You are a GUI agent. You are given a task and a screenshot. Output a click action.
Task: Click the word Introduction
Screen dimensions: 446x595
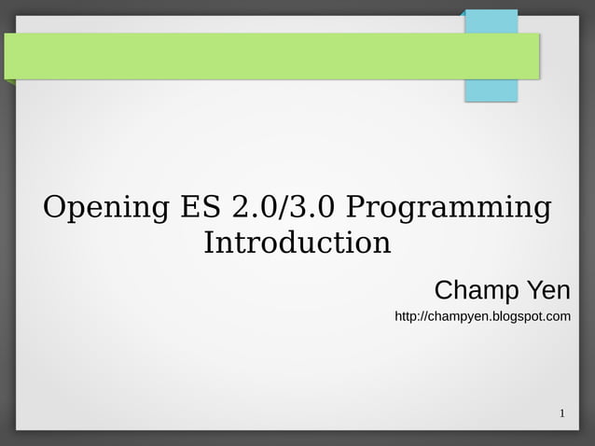click(297, 243)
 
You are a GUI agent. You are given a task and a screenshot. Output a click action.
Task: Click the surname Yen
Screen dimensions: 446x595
click(548, 290)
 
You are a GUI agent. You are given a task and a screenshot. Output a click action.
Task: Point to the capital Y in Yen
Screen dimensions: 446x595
click(534, 290)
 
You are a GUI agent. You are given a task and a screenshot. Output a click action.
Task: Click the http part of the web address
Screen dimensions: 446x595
click(407, 317)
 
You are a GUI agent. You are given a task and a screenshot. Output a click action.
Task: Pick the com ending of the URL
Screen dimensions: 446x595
click(559, 317)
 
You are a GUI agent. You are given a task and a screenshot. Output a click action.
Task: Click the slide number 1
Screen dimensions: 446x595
click(562, 413)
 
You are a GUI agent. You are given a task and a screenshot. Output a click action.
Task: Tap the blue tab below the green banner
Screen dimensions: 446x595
click(491, 91)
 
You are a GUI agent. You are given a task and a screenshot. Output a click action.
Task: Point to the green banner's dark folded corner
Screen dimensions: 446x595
click(9, 82)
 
